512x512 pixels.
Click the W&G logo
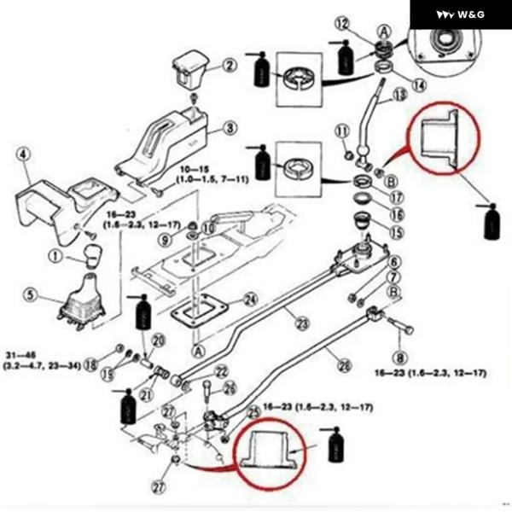tap(461, 15)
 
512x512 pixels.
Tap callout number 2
tap(230, 65)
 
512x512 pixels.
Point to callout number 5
tap(32, 296)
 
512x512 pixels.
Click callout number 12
tap(342, 25)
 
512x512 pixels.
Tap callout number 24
tap(250, 300)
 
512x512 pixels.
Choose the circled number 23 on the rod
tap(301, 323)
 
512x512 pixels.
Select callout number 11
tap(342, 131)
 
